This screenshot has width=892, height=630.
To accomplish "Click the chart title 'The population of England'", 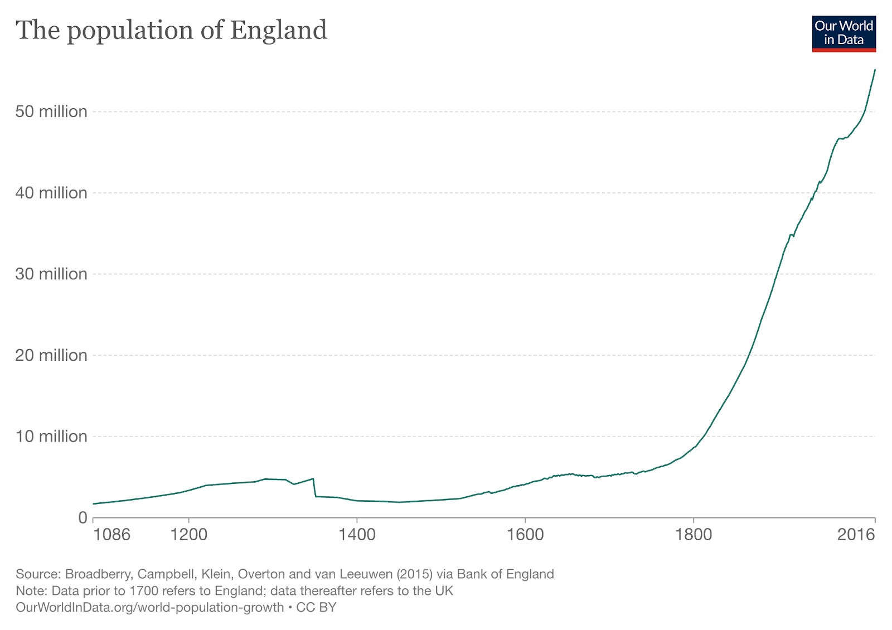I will click(x=171, y=30).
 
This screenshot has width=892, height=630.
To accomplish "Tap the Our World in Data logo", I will click(x=843, y=33).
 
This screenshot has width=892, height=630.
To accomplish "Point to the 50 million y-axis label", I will click(x=51, y=112).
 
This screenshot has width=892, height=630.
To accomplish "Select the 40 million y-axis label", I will click(x=51, y=193).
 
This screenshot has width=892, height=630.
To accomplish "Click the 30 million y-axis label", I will click(x=51, y=274).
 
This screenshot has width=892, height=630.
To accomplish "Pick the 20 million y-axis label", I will click(x=51, y=355).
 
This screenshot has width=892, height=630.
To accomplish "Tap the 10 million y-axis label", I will click(x=51, y=436).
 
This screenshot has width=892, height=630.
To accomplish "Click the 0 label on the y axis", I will click(x=83, y=517).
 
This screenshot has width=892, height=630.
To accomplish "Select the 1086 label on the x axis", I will click(x=111, y=535).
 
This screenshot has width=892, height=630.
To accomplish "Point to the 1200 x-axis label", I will click(x=188, y=535).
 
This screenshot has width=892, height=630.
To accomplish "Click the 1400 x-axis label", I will click(x=357, y=535).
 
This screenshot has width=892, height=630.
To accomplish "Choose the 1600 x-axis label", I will click(x=525, y=535).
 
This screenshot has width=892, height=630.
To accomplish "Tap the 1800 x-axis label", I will click(x=693, y=535).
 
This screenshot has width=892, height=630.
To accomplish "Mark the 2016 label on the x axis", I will click(x=856, y=535).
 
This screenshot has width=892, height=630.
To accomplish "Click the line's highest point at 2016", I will click(x=875, y=70).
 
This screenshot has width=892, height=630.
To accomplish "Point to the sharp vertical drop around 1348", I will click(x=315, y=487).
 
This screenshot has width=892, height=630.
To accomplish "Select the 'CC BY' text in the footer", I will click(x=316, y=607).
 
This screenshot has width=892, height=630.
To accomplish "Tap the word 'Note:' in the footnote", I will click(x=31, y=591).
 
